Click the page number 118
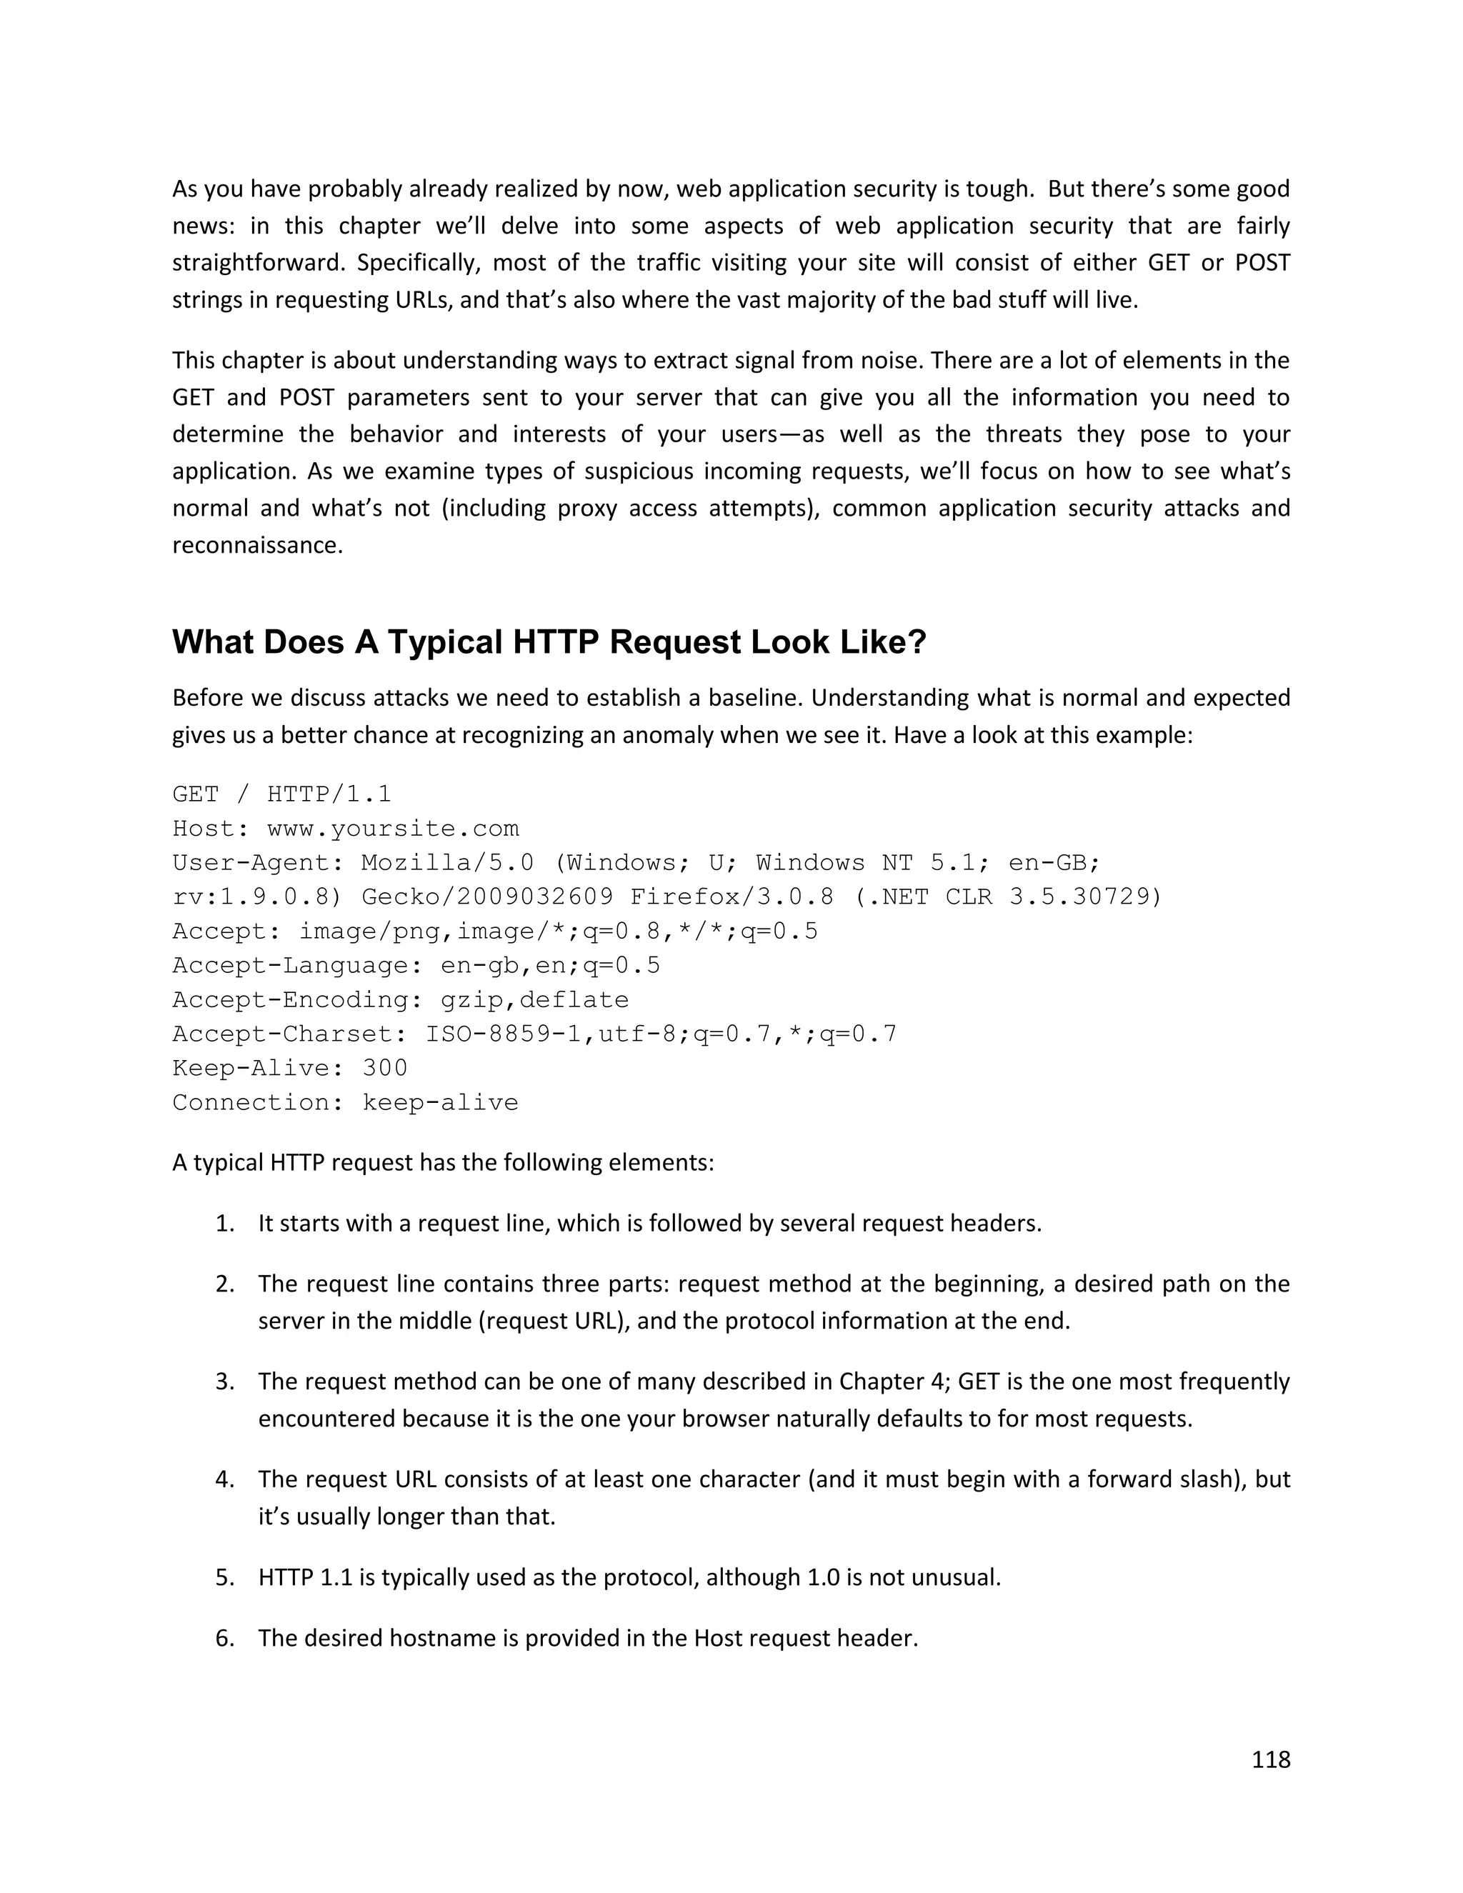(1271, 1759)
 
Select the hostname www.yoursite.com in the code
(393, 829)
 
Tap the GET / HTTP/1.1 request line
(281, 794)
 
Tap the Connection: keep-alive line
(345, 1102)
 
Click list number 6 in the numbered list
(224, 1638)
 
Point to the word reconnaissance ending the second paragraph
(256, 545)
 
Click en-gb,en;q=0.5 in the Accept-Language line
(549, 966)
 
